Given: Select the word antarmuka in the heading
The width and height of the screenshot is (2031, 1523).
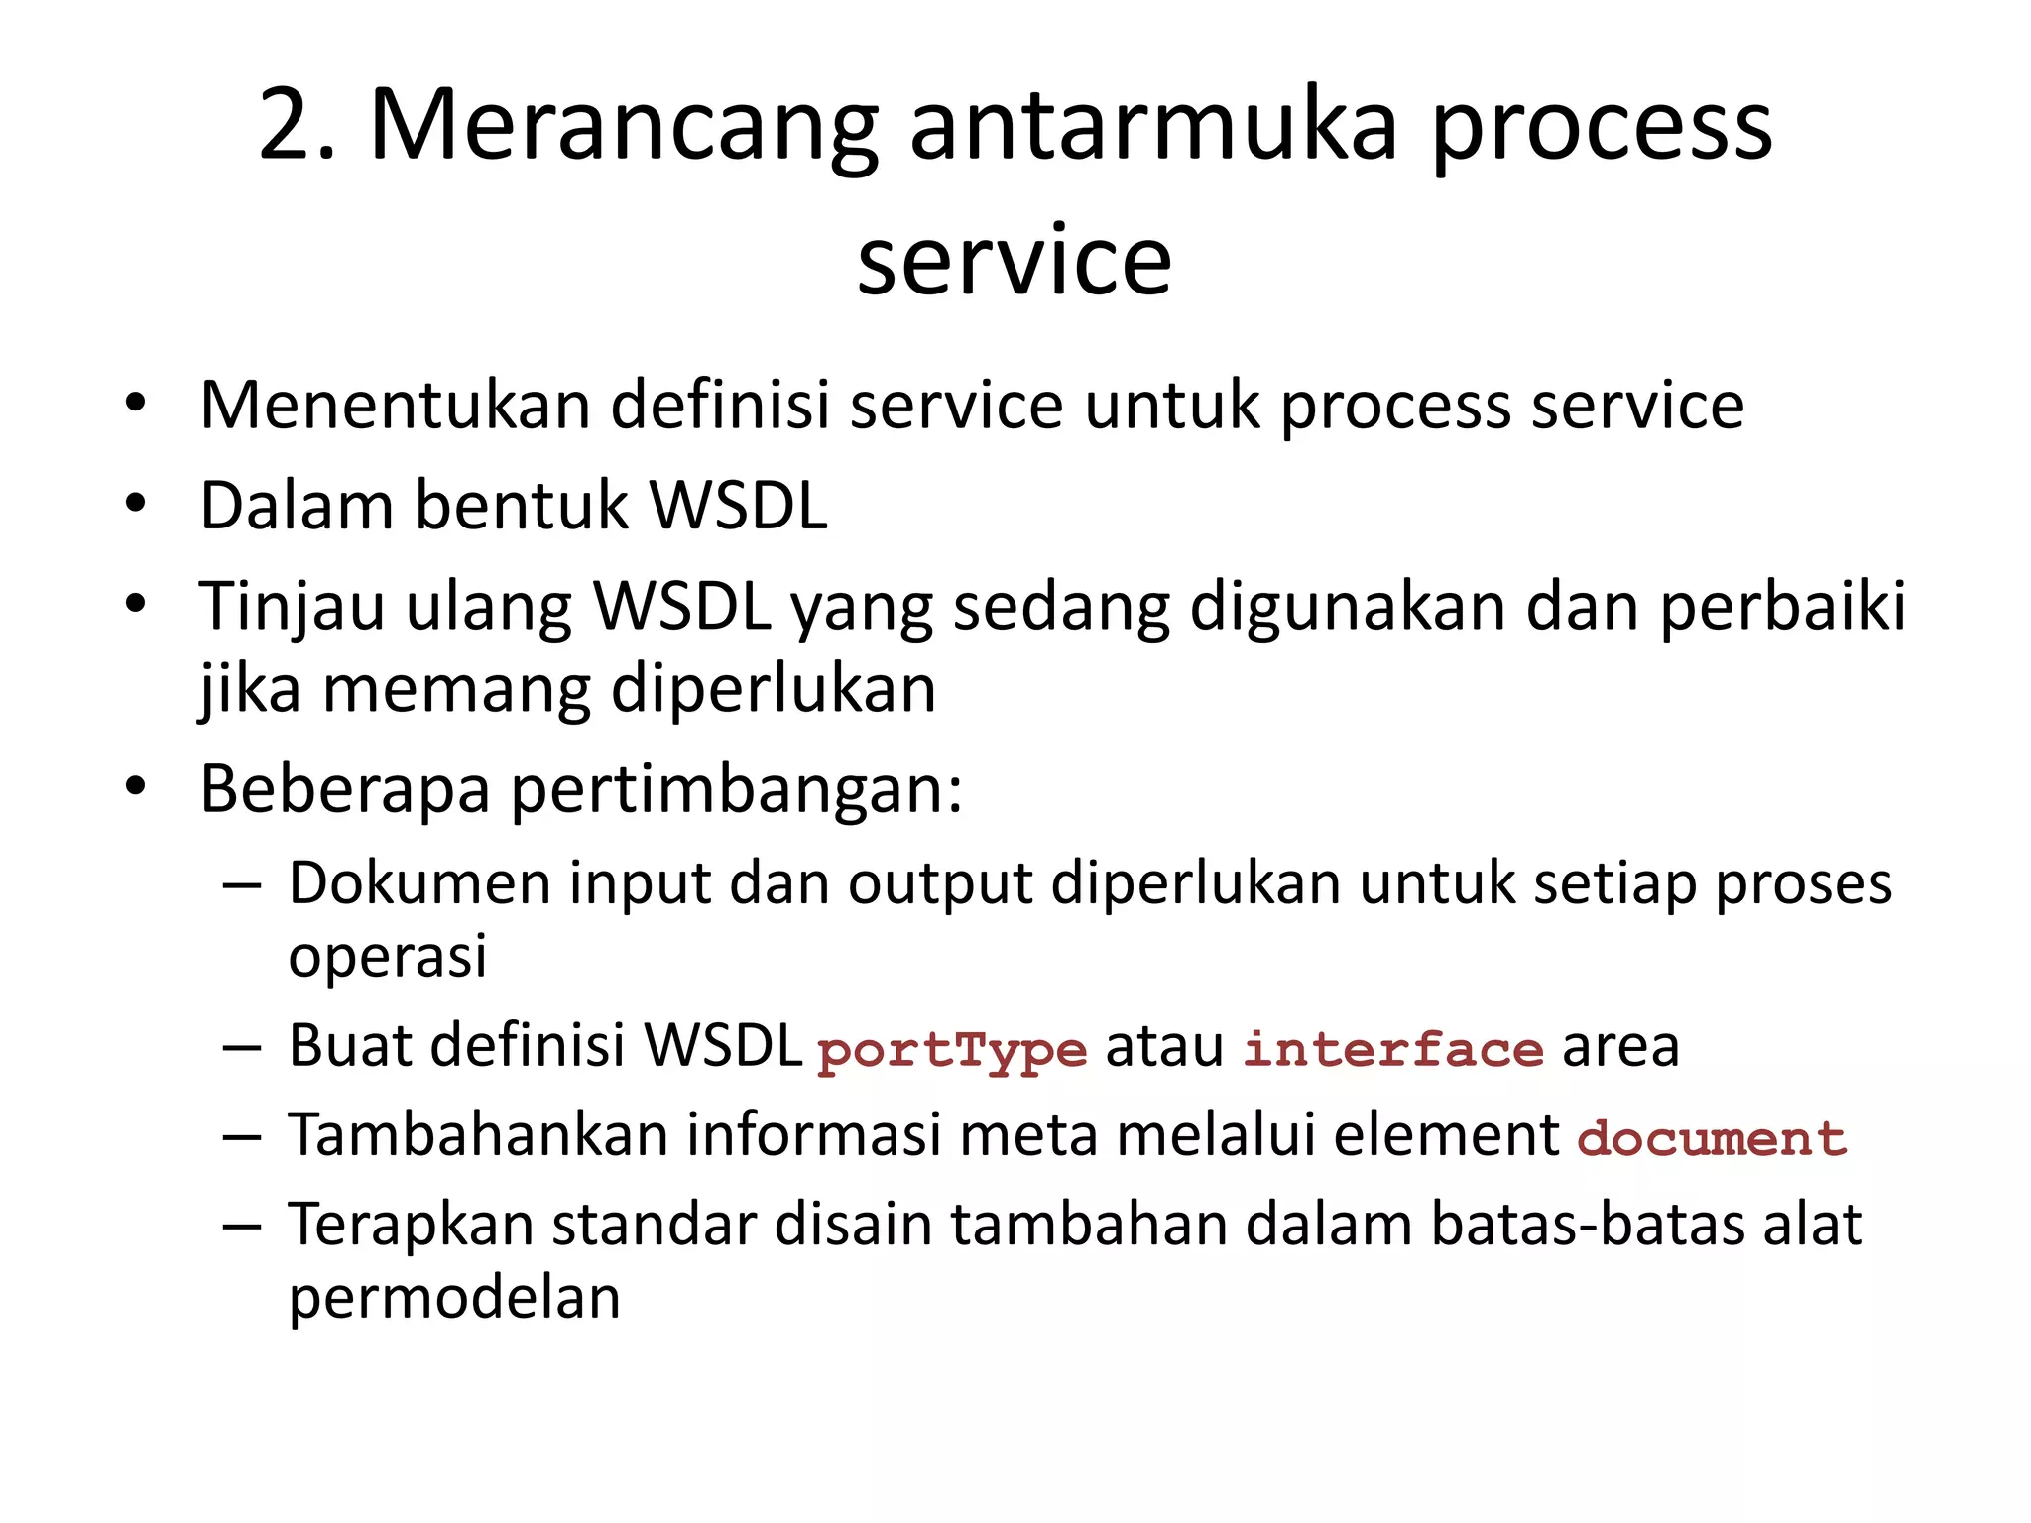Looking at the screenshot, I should [x=1153, y=126].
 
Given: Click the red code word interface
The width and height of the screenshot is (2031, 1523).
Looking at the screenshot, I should [x=1393, y=1049].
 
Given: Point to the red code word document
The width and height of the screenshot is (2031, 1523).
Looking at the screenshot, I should [x=1712, y=1138].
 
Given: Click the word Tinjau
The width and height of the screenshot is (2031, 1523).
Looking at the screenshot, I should [x=291, y=607].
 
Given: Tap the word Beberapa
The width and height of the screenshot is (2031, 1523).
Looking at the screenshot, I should [x=345, y=789].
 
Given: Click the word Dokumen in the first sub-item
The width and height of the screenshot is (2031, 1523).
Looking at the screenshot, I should [x=419, y=882].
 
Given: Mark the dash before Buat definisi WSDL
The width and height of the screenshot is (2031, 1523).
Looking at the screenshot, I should [x=242, y=1047].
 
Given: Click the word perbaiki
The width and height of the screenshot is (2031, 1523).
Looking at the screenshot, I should [x=1782, y=607].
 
